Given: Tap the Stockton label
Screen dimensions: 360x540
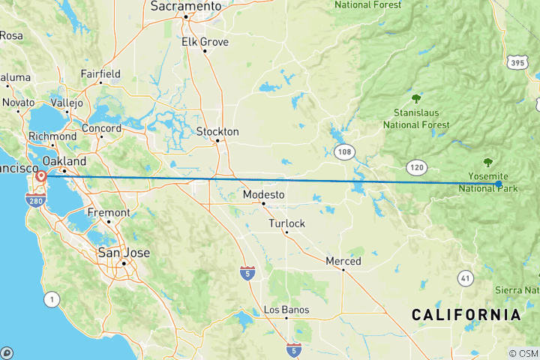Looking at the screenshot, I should [x=217, y=132].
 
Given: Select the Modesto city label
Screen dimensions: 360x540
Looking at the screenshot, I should [x=263, y=195].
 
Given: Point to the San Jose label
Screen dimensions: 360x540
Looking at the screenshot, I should [x=124, y=253].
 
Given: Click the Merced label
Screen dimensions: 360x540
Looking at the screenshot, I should [x=343, y=261].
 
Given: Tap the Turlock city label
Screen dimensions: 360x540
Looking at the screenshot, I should [x=286, y=223].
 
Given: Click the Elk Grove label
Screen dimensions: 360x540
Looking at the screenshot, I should [x=204, y=42].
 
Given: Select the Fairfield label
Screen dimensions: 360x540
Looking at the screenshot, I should [x=100, y=74].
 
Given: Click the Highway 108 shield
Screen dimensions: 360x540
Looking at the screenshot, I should [x=344, y=152].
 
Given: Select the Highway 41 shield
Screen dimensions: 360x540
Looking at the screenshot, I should [x=466, y=277].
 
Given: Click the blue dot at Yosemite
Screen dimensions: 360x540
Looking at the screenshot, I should [x=499, y=184].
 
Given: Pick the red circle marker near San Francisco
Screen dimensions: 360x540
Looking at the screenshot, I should [x=41, y=176].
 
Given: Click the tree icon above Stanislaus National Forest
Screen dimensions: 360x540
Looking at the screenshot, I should [x=416, y=98].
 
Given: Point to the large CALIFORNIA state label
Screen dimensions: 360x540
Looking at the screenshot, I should [x=466, y=315].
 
